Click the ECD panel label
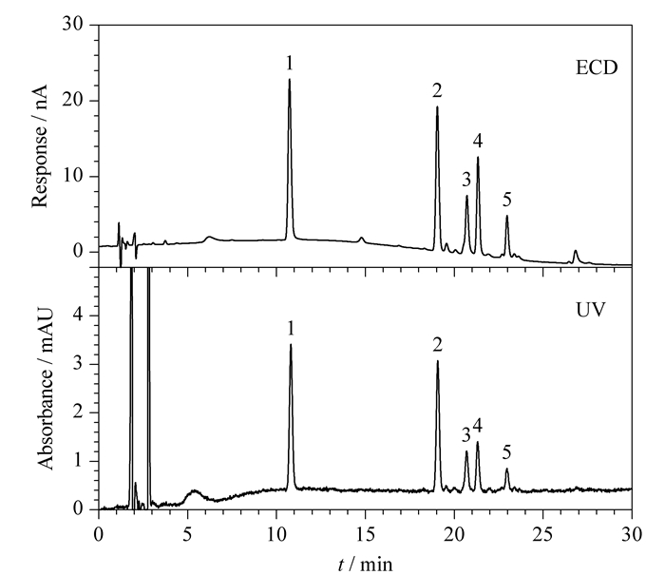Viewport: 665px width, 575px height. point(597,67)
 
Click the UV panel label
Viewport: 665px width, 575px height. point(591,310)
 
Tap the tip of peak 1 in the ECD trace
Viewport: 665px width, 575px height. point(289,79)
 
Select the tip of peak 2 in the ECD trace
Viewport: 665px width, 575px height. point(437,106)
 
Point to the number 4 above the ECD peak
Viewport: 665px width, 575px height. point(478,141)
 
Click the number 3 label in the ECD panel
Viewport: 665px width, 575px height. point(466,180)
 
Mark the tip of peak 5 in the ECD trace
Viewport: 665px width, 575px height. point(506,216)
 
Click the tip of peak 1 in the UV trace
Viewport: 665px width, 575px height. point(291,344)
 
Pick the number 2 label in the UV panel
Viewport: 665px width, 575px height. point(438,345)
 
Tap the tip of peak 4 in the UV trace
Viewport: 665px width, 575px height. point(478,442)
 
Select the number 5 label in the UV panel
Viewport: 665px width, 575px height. point(506,452)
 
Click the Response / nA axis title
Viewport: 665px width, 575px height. point(40,145)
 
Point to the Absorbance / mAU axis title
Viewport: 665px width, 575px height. point(46,389)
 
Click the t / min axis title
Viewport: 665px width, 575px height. point(366,565)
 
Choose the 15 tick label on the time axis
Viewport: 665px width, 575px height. point(365,535)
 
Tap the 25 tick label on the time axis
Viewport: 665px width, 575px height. point(542,535)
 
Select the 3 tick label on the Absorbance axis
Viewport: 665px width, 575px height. point(78,364)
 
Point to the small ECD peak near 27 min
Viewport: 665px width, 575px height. point(576,256)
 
